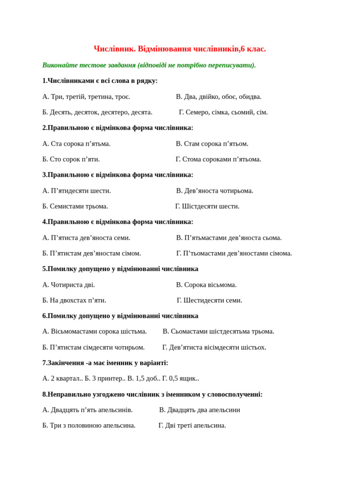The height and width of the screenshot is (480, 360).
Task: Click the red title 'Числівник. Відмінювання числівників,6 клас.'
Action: click(x=180, y=49)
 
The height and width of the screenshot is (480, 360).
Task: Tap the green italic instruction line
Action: click(x=149, y=65)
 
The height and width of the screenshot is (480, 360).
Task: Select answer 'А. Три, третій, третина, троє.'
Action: click(x=86, y=97)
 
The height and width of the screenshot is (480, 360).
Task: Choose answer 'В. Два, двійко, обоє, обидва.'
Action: click(x=218, y=97)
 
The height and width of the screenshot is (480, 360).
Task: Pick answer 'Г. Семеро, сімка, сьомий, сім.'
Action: click(x=223, y=112)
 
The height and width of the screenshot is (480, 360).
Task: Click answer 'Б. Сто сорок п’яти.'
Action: click(x=71, y=159)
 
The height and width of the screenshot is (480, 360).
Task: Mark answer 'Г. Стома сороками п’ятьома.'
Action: click(x=218, y=159)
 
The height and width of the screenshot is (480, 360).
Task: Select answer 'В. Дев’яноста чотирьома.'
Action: click(x=215, y=190)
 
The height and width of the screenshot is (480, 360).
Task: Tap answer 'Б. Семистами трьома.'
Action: click(x=75, y=206)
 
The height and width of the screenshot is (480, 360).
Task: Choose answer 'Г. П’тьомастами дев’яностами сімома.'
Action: click(x=234, y=253)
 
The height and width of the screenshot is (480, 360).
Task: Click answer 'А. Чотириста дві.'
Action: click(x=68, y=285)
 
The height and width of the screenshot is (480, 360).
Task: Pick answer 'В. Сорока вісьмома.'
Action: click(x=206, y=285)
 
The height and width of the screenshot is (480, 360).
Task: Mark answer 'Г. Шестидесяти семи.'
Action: click(x=209, y=300)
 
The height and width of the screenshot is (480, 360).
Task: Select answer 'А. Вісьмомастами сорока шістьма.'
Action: click(x=94, y=331)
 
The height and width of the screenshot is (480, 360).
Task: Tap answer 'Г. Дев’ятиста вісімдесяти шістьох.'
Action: click(x=214, y=347)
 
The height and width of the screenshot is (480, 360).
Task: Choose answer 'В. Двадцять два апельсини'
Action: click(x=199, y=410)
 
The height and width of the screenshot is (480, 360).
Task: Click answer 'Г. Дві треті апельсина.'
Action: click(x=192, y=425)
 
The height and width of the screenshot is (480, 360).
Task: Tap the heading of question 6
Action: click(x=120, y=316)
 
